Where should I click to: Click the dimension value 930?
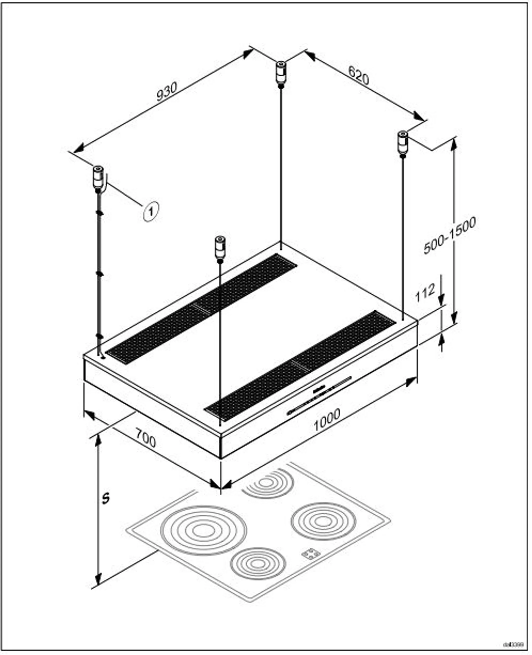167,92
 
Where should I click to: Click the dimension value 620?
359,76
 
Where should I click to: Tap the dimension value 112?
425,292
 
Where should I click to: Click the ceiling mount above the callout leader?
98,177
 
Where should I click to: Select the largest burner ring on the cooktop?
203,530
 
